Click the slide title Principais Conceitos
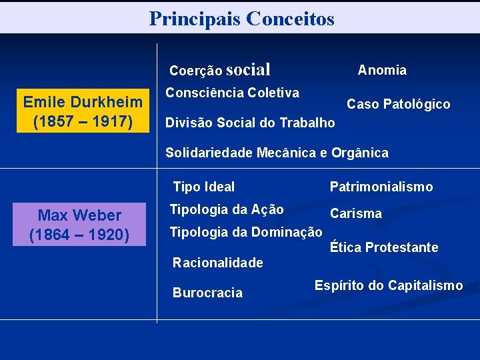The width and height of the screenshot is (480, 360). [241, 18]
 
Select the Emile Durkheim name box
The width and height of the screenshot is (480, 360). [83, 111]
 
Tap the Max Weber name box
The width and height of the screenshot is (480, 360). [79, 224]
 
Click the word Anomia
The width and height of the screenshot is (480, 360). [382, 70]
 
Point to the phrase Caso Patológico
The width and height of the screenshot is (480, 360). [398, 104]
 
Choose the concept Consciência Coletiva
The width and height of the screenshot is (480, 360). [231, 93]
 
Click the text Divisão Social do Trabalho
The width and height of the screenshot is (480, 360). [250, 123]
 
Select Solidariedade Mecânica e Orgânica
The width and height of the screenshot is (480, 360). [277, 153]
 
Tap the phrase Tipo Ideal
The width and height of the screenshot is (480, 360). [203, 187]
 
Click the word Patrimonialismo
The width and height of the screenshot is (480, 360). [381, 187]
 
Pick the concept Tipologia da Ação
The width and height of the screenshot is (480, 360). [227, 209]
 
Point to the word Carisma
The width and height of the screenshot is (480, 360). [356, 213]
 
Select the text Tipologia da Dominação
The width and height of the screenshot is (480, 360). [246, 232]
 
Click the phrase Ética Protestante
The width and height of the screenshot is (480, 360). [384, 247]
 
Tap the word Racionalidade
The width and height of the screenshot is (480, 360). [217, 263]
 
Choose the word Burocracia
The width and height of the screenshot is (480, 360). [207, 293]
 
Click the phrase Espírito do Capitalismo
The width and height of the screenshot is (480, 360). [388, 285]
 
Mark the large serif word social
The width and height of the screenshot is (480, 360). [248, 69]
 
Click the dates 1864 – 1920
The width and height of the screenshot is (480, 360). [79, 235]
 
